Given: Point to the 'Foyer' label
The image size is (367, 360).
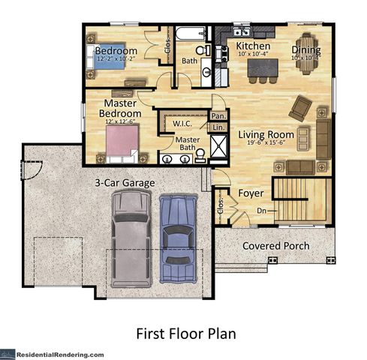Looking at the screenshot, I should pos(250,193).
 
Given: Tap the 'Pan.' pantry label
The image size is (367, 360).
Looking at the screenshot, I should pos(218,116).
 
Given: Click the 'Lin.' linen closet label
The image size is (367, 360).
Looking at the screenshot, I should pos(218,128).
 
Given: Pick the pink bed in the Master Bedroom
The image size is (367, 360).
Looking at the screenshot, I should pos(122,141).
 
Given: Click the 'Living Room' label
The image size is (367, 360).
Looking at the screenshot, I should pos(264,135).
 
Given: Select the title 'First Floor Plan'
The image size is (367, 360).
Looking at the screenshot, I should pos(183,331).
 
